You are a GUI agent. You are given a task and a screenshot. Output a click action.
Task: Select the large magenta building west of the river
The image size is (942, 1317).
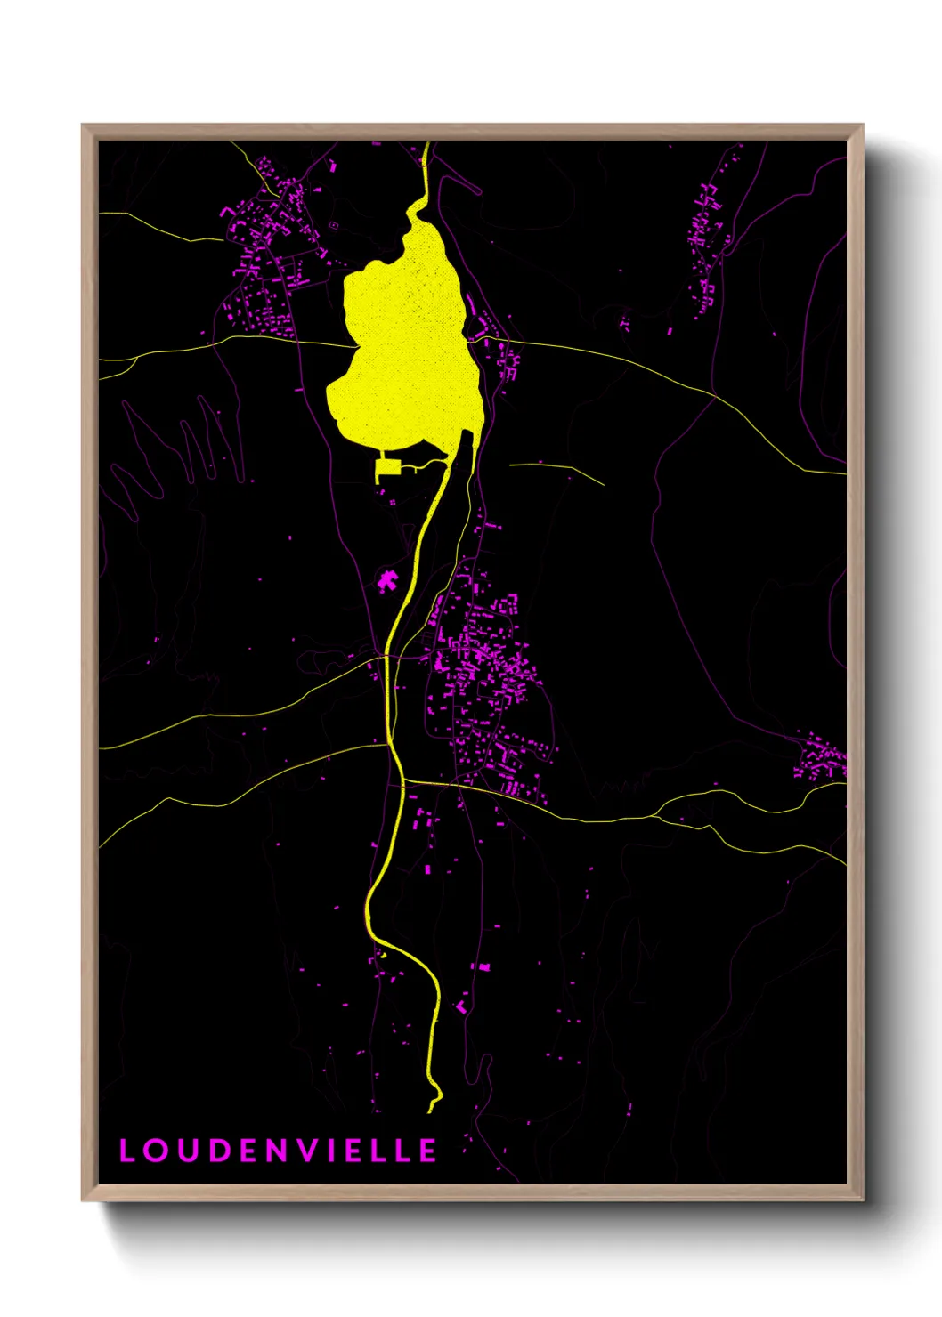click(386, 582)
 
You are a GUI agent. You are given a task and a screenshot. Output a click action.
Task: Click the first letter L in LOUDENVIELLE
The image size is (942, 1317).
click(126, 1151)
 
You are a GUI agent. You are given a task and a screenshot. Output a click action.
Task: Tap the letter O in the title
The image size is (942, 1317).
click(156, 1151)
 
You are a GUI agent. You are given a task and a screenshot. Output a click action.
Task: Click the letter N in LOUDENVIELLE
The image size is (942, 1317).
click(276, 1151)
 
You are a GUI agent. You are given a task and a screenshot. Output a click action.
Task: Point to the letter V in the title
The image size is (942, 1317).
click(307, 1151)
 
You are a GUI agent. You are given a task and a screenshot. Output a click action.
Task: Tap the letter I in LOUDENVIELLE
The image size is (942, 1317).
click(331, 1151)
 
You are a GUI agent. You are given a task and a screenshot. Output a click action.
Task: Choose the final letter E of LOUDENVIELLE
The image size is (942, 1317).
click(428, 1151)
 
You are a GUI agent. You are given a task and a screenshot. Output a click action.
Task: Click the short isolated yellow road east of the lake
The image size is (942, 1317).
click(556, 469)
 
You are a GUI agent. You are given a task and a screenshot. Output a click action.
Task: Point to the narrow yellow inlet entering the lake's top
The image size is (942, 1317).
click(426, 178)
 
